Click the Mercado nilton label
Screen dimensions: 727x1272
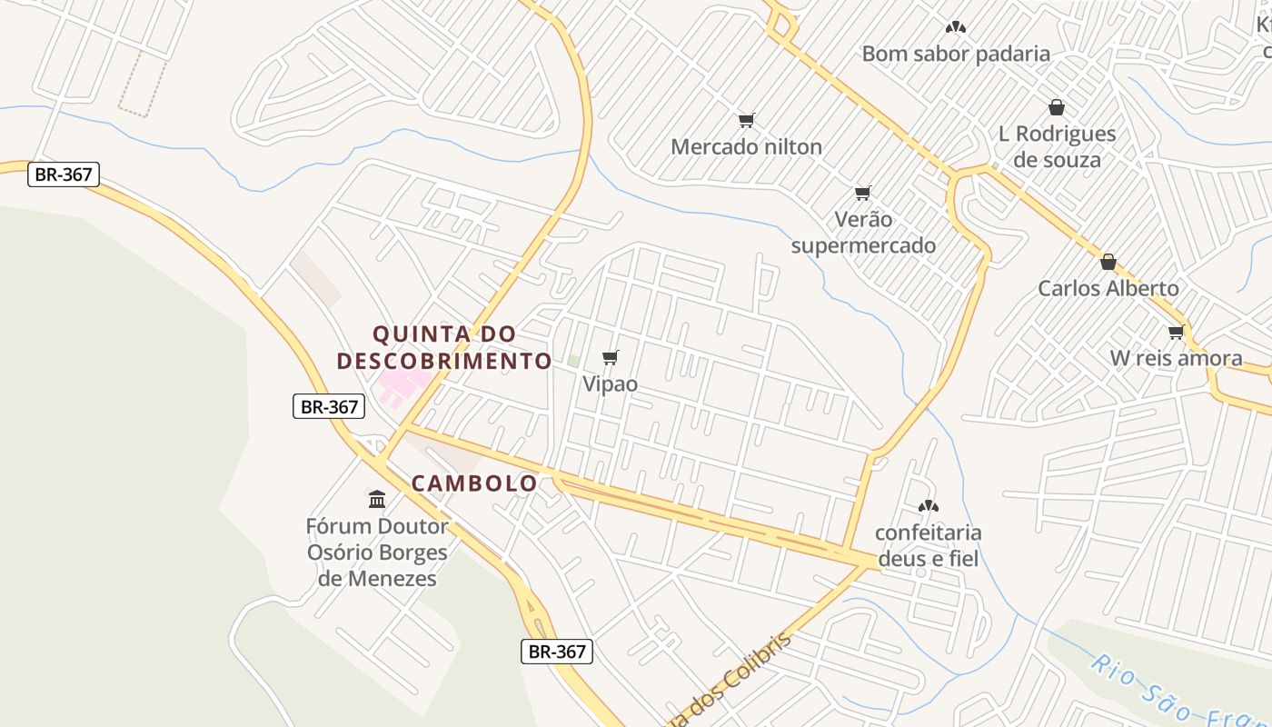pos(746,146)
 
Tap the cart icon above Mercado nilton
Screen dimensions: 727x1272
pos(746,120)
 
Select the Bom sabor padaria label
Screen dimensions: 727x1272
pos(956,54)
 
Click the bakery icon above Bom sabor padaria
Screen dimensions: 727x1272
pos(955,27)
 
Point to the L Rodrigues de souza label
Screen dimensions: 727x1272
pos(1057,146)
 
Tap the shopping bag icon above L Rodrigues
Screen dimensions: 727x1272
pos(1057,107)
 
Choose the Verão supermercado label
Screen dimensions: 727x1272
pos(862,232)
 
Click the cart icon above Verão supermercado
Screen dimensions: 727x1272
pos(862,193)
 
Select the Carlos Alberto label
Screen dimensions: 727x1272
pos(1108,288)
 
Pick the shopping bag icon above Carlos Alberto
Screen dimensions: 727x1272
pos(1108,262)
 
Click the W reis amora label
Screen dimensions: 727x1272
pos(1177,358)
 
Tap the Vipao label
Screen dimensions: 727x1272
pos(610,383)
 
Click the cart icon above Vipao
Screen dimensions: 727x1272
pos(610,357)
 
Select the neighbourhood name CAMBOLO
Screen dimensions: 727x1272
pos(474,483)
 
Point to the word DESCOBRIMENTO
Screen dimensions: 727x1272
pos(444,361)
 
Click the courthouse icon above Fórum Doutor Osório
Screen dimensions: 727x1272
pos(377,499)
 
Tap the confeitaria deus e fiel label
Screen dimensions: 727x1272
pos(928,545)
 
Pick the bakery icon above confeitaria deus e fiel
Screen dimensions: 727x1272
pos(928,506)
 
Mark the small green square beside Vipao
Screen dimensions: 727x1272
pos(573,361)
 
